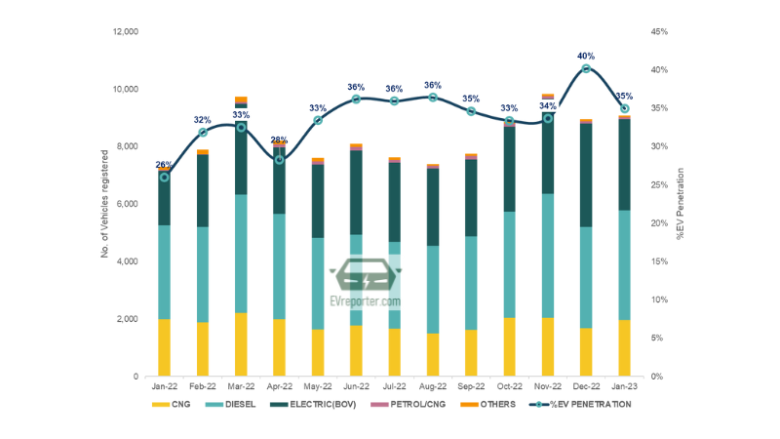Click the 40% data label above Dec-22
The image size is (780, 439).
[586, 57]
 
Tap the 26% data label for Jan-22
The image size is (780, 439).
[164, 164]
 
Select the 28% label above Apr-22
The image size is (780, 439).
[279, 140]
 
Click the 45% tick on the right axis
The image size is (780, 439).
[659, 32]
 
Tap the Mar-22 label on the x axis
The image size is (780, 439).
[241, 387]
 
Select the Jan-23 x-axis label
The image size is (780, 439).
[625, 387]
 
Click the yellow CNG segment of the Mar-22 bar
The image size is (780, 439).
[241, 344]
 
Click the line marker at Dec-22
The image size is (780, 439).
[586, 68]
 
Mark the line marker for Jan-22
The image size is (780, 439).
[164, 177]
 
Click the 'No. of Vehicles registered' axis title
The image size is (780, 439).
[105, 204]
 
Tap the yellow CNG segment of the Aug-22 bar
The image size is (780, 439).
[433, 354]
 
